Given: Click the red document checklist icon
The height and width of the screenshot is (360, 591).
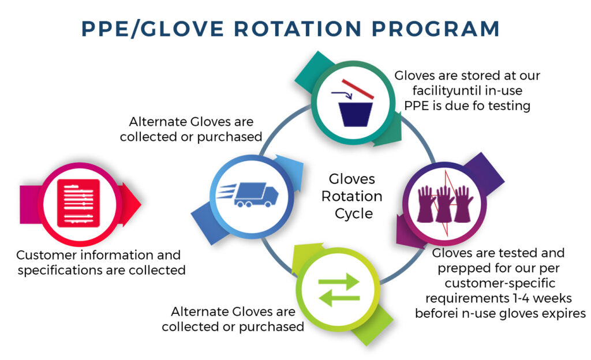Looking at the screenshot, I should click(x=78, y=202).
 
